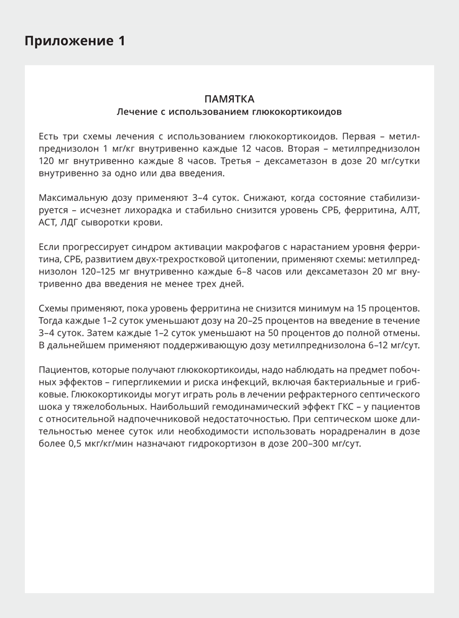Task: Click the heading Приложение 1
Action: point(75,41)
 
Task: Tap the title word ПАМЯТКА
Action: point(229,99)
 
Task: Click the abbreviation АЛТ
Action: point(410,210)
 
